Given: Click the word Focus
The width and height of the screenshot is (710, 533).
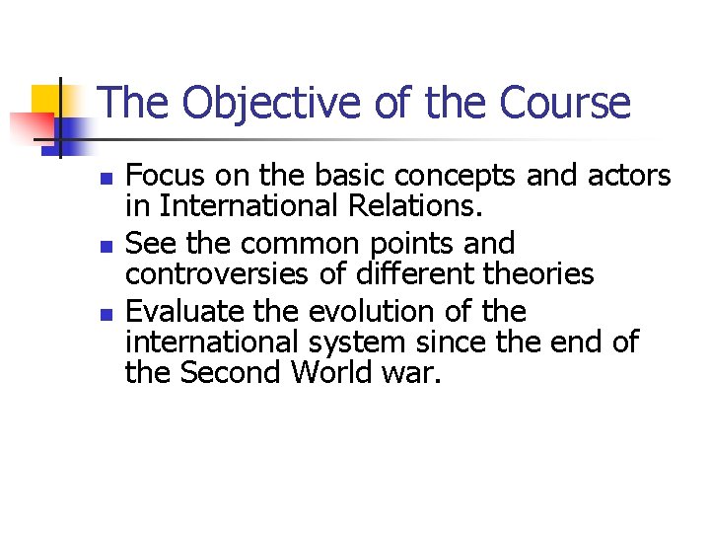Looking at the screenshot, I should [165, 177].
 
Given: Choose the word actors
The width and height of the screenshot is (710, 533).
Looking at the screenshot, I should [623, 177].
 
